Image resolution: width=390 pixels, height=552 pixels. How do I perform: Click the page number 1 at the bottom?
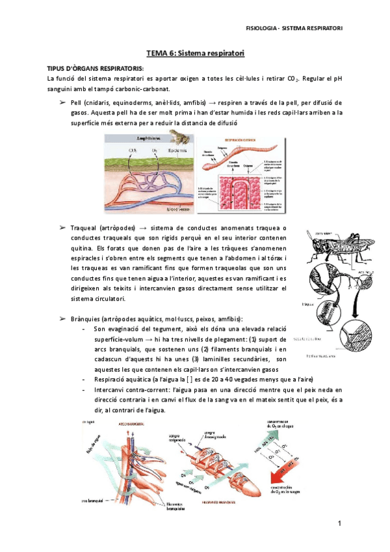339,524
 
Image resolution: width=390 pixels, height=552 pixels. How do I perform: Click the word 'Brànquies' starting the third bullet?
84,318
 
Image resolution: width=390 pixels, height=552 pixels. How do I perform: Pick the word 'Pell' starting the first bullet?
77,103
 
